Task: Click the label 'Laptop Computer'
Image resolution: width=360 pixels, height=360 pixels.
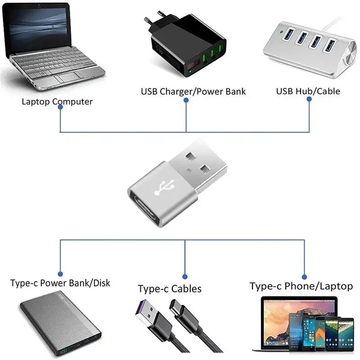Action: (x=57, y=101)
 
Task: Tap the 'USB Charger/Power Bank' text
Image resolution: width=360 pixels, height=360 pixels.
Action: (x=193, y=91)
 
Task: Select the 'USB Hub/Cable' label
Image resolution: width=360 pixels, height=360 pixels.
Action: (x=308, y=91)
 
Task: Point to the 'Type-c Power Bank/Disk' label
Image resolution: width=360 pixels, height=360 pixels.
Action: (x=60, y=283)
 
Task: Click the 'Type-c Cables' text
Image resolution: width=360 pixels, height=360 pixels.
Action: (x=170, y=288)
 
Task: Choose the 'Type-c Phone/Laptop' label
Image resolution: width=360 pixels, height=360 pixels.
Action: (x=301, y=286)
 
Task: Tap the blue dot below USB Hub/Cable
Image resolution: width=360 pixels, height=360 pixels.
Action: (x=309, y=100)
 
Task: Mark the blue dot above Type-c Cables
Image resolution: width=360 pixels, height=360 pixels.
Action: (x=184, y=276)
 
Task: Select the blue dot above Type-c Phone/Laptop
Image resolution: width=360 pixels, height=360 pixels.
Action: (x=304, y=277)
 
